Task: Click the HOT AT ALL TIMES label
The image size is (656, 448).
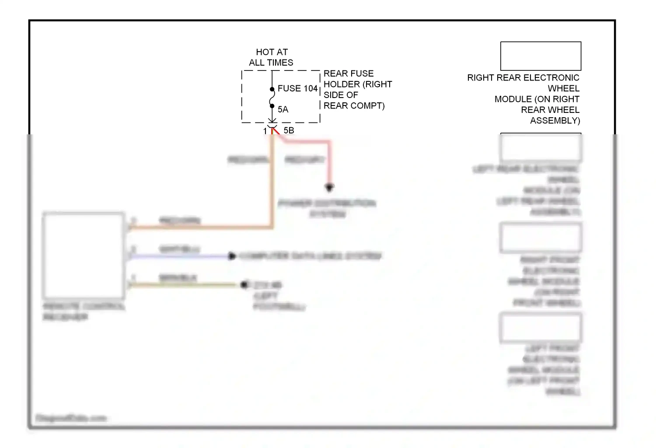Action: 271,57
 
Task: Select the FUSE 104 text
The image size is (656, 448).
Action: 297,88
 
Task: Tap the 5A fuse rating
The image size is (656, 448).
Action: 283,109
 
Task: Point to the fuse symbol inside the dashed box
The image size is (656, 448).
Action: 272,98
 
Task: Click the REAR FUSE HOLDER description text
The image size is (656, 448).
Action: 357,90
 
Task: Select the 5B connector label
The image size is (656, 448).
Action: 289,130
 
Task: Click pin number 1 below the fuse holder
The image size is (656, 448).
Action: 265,131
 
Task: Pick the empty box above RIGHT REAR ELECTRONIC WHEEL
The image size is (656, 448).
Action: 541,56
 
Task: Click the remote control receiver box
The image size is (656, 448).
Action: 83,255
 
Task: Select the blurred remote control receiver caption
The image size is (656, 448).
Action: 83,311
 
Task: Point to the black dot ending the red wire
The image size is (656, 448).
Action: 329,187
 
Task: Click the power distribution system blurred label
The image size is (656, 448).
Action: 327,209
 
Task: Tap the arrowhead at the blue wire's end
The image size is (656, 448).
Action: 232,256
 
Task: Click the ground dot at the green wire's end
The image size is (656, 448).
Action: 244,285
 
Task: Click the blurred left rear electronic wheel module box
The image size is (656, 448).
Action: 541,148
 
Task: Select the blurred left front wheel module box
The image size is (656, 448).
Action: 541,328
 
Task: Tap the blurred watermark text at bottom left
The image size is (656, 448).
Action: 71,418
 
